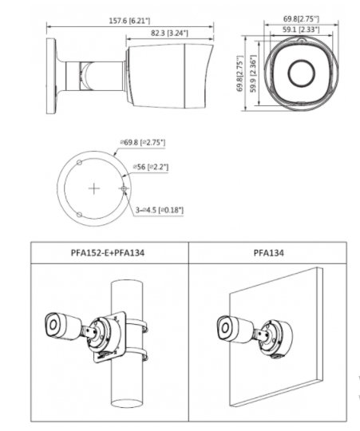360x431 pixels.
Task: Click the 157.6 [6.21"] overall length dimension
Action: click(129, 21)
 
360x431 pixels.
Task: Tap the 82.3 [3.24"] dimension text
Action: click(169, 33)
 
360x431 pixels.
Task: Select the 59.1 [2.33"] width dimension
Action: click(301, 30)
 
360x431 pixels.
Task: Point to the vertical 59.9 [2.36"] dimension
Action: click(253, 73)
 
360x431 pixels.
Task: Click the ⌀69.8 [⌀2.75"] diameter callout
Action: click(143, 142)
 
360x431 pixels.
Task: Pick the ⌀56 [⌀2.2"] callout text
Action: click(151, 167)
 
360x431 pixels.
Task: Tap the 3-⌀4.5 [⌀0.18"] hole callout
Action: click(160, 210)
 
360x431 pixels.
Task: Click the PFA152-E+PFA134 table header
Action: click(108, 252)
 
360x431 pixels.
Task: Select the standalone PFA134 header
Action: click(268, 252)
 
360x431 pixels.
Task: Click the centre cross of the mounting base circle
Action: click(94, 188)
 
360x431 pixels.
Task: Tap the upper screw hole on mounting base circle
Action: click(79, 163)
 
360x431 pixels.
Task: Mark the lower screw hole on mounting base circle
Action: click(79, 215)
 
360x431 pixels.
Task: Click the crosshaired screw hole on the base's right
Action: click(124, 188)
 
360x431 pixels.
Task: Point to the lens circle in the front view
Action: click(301, 73)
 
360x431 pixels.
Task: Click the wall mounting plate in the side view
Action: click(51, 76)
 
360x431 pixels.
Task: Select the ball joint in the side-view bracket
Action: click(88, 76)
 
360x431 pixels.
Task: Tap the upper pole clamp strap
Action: click(136, 324)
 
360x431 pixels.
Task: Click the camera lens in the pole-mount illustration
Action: click(53, 325)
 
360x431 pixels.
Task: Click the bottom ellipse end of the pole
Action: click(127, 404)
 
